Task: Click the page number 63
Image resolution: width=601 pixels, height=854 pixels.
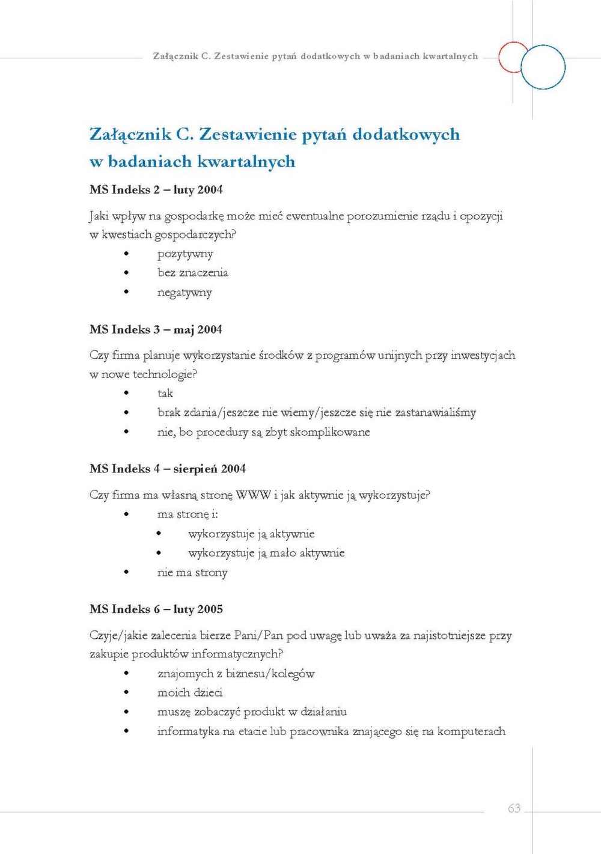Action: point(514,808)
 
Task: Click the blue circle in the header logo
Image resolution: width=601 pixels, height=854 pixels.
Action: point(543,67)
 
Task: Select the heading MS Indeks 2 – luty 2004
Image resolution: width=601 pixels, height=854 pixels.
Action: point(156,190)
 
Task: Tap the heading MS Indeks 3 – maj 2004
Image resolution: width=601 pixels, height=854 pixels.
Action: point(156,330)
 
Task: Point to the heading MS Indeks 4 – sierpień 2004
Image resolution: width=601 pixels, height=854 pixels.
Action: point(168,469)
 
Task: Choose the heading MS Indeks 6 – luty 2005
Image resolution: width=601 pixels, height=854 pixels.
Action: point(156,609)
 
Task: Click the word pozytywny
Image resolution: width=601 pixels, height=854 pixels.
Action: point(185,254)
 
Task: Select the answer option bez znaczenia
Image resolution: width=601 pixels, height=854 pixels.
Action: point(193,273)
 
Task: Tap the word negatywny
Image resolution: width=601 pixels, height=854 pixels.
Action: point(185,293)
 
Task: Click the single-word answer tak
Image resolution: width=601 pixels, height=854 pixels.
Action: point(165,394)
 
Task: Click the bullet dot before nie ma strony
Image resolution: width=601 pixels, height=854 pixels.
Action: point(126,572)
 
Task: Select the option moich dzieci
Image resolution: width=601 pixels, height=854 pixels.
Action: point(190,693)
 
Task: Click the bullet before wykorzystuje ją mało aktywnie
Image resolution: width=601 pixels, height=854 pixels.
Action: point(159,553)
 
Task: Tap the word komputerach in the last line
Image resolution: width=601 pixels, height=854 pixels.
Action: point(471,731)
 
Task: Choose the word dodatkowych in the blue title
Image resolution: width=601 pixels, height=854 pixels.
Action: point(406,134)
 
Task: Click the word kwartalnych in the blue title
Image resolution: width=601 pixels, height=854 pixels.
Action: point(246,162)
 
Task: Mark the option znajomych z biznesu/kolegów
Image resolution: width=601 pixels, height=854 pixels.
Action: point(236,674)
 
